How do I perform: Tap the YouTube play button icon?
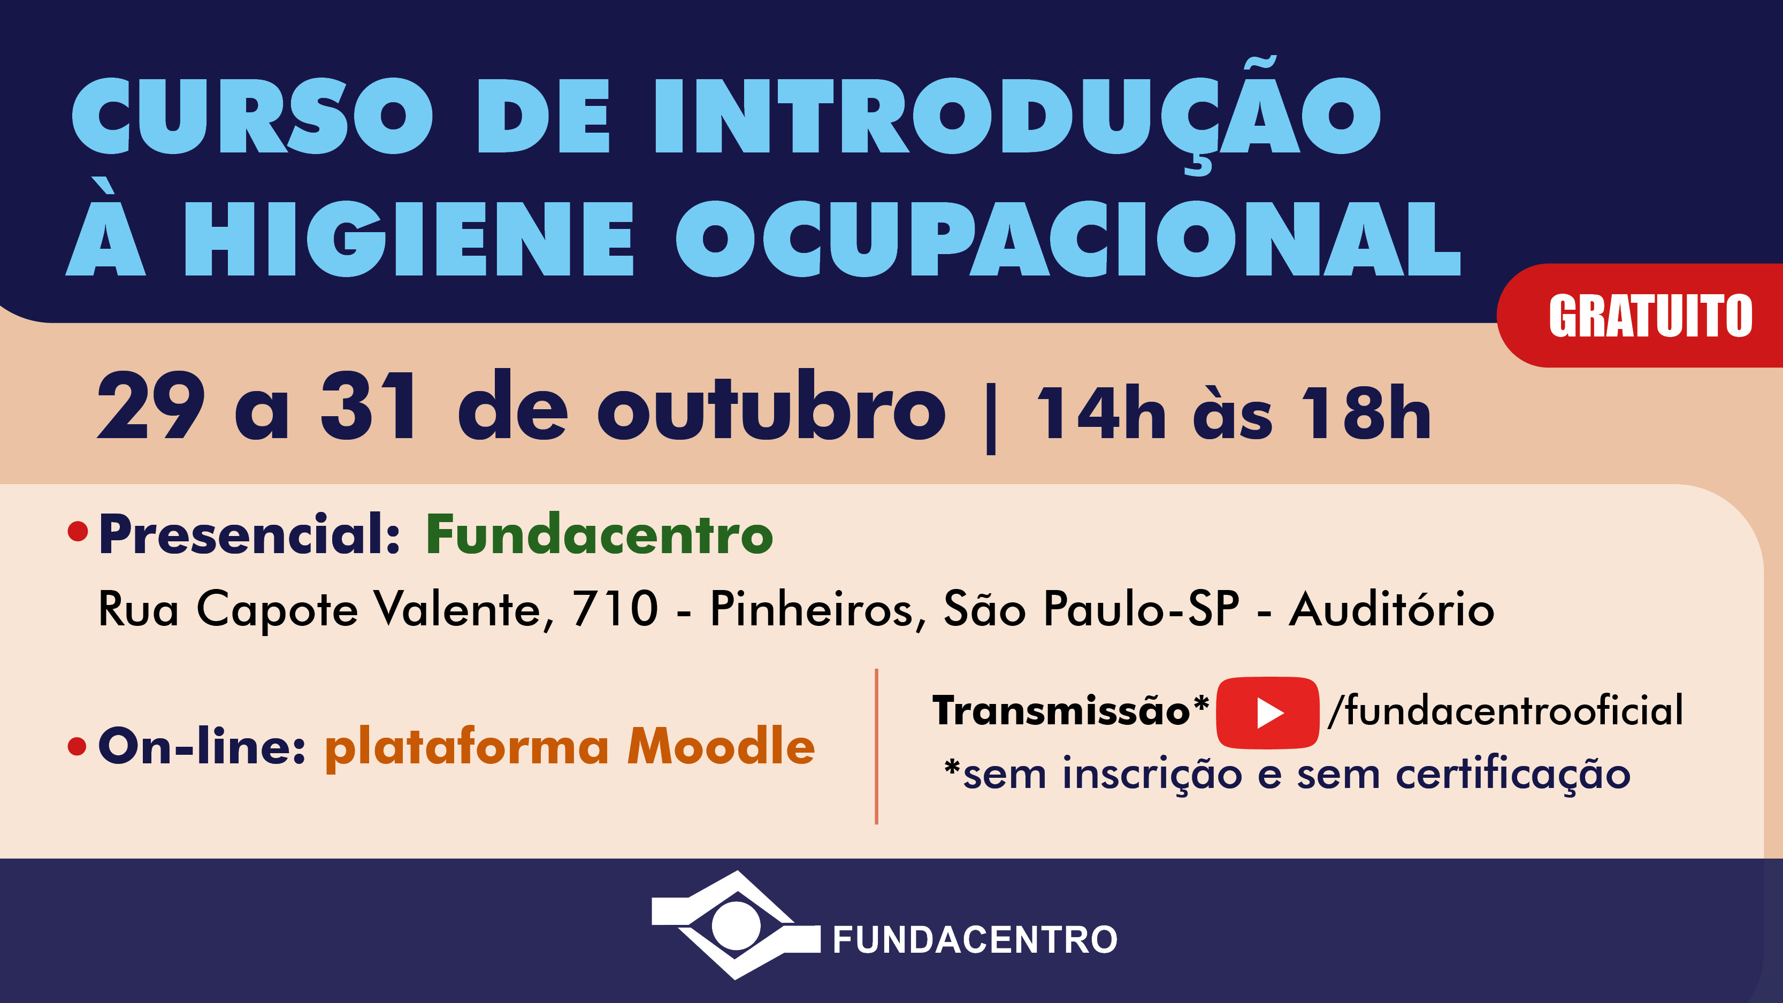point(1267,713)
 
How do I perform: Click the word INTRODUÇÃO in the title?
point(1018,115)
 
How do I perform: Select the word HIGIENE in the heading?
point(408,239)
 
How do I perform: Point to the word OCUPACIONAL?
point(1068,239)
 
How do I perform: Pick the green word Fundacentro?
point(599,534)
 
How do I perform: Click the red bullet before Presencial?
point(78,532)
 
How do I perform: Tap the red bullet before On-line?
point(78,747)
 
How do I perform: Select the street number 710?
point(615,609)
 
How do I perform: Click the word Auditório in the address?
point(1391,609)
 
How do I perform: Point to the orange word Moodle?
point(721,746)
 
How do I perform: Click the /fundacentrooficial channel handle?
point(1505,710)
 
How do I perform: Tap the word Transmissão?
point(1061,711)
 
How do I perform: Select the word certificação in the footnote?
point(1513,775)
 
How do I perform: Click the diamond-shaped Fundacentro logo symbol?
point(736,925)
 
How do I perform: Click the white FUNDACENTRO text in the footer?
point(975,939)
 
